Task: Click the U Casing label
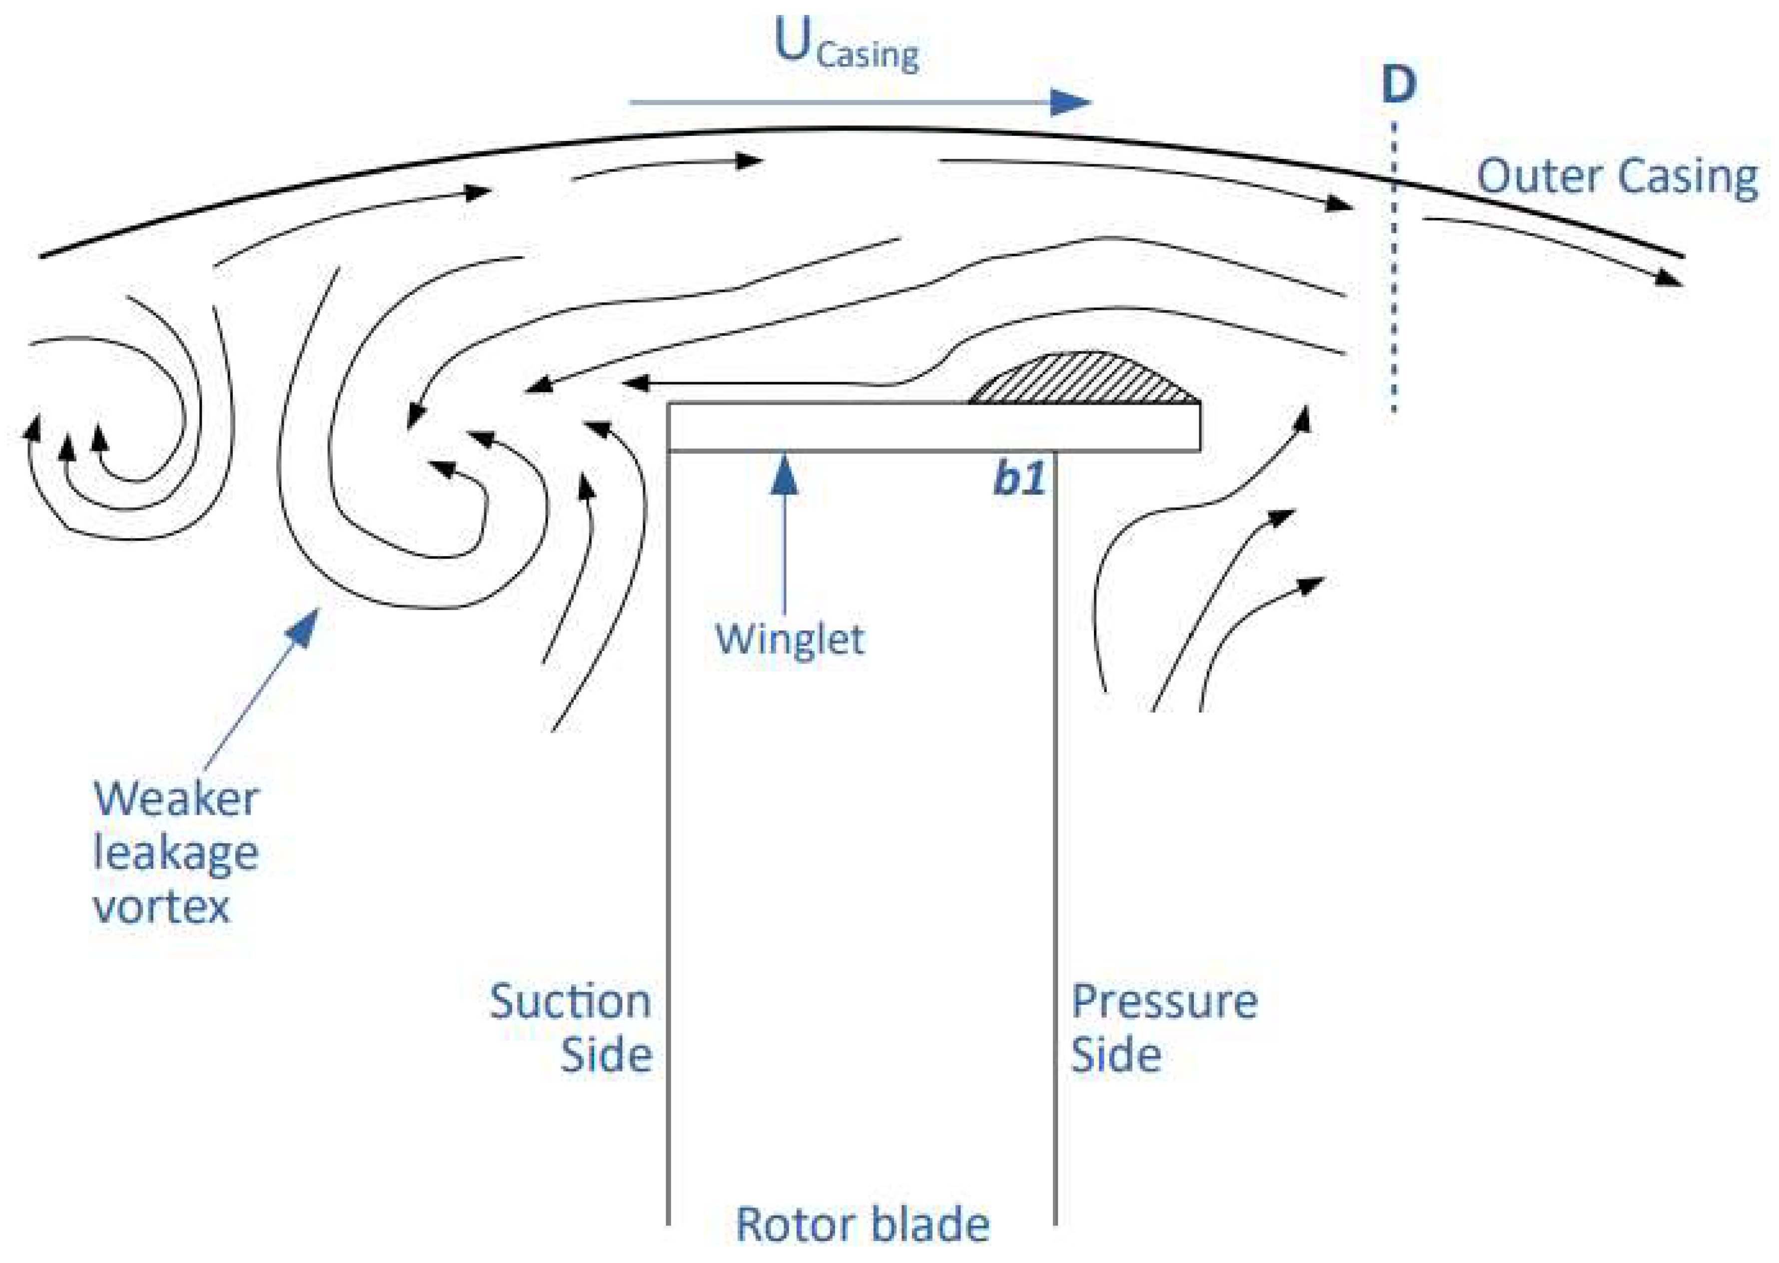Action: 847,45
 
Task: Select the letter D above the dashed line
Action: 1398,84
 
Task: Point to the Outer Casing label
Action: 1617,177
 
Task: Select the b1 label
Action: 1019,478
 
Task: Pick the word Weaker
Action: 176,799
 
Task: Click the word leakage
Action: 176,853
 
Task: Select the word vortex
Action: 162,906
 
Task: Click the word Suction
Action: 570,1001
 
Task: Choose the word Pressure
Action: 1164,1001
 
